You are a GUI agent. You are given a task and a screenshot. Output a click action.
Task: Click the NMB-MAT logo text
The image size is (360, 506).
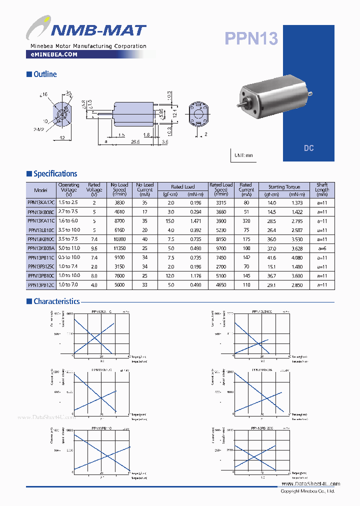pos(98,31)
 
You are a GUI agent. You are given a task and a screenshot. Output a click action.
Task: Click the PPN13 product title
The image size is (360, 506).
pos(251,38)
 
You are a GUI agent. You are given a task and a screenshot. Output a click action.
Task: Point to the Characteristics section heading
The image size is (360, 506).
pos(56,301)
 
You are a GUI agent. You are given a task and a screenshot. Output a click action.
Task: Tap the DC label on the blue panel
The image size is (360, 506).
pos(308,148)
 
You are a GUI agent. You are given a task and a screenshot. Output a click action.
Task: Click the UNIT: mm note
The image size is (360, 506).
pos(243,155)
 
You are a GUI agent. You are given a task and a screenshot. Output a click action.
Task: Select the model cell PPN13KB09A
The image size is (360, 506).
pos(40,248)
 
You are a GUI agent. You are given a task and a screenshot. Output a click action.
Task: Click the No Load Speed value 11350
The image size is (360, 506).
pos(119,248)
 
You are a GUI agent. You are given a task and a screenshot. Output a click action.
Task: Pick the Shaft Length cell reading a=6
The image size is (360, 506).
pos(322,248)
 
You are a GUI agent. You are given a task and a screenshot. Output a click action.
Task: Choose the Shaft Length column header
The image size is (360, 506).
pos(322,189)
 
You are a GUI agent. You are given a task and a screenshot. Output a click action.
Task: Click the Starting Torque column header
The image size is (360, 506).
pos(284,186)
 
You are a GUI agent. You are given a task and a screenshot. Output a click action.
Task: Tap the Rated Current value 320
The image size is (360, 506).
pos(245,220)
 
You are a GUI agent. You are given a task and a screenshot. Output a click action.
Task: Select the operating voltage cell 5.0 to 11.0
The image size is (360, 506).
pos(69,248)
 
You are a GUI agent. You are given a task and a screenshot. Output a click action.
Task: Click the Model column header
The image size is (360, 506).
pos(40,190)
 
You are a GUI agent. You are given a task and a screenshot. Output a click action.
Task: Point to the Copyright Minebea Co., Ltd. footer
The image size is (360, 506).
pos(307,491)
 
